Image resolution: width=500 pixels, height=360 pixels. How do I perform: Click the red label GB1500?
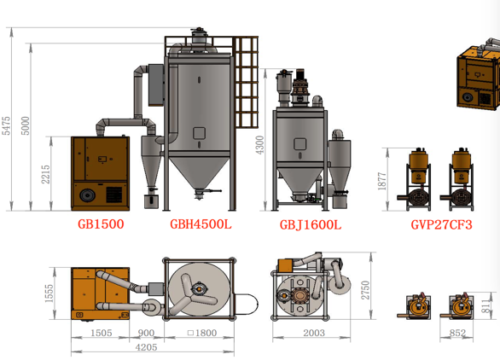101,225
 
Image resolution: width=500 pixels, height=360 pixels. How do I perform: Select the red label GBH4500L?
201,225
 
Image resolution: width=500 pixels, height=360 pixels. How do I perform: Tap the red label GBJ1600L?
310,226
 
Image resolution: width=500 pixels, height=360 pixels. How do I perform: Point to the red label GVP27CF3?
441,225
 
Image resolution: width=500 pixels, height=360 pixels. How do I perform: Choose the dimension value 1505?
101,333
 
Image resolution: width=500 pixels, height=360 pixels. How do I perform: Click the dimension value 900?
146,333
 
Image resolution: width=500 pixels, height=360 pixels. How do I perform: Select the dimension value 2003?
313,333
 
